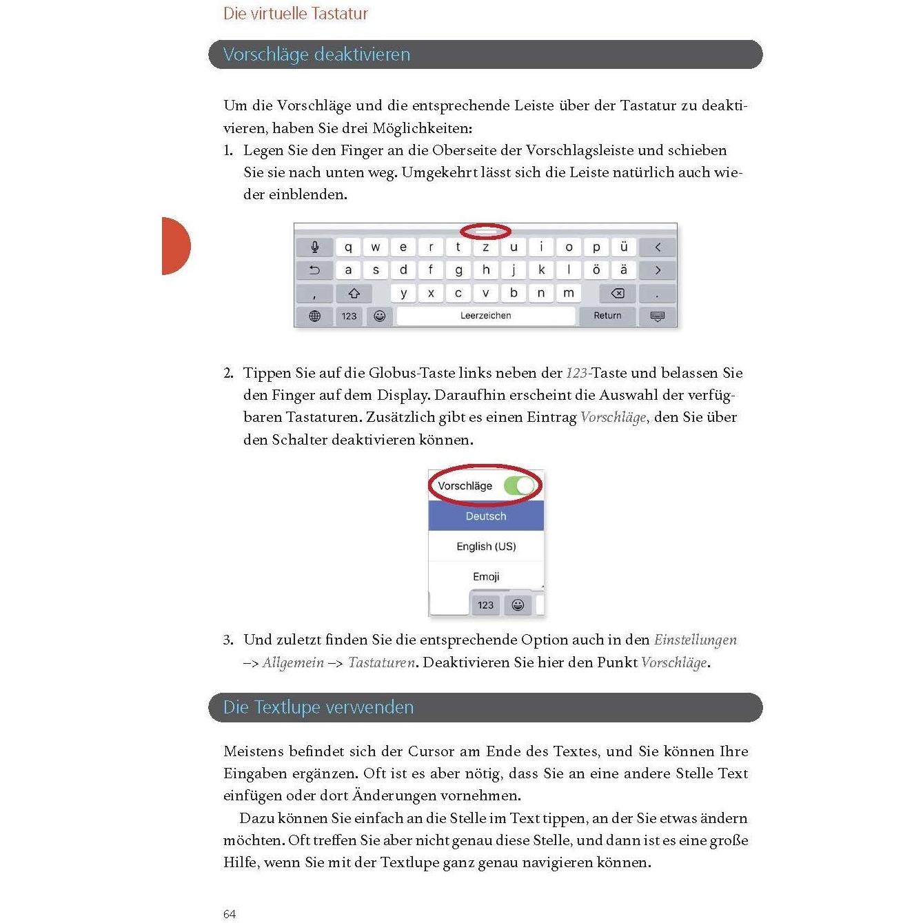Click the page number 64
[x=230, y=914]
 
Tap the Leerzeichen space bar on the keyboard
[x=486, y=316]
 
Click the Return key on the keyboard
[x=607, y=316]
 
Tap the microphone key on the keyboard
[x=315, y=247]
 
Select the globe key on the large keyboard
[x=315, y=316]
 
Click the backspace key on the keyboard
[x=618, y=294]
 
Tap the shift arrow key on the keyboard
[x=354, y=294]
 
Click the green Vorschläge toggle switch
[x=520, y=486]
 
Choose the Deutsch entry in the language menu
[x=486, y=516]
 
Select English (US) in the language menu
[x=486, y=547]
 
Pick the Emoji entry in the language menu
[x=486, y=576]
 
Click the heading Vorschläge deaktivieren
[x=316, y=54]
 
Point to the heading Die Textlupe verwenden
[x=318, y=707]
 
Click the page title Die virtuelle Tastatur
[x=296, y=14]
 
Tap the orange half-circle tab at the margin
[x=174, y=246]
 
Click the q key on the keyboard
[x=348, y=247]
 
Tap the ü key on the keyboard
[x=624, y=247]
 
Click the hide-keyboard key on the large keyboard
[x=658, y=316]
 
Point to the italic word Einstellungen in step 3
[x=695, y=640]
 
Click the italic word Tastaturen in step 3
[x=381, y=662]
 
